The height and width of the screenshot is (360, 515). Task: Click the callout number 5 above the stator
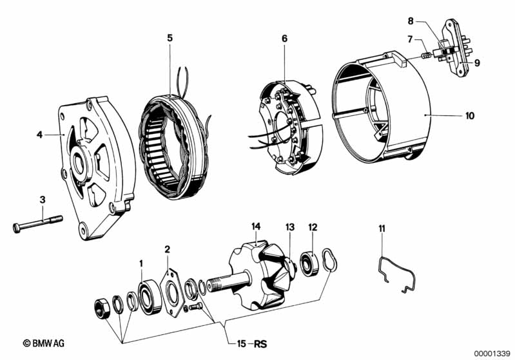click(x=170, y=38)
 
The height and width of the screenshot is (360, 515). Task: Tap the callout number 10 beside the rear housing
click(x=470, y=116)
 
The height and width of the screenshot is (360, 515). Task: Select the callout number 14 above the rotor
click(x=256, y=227)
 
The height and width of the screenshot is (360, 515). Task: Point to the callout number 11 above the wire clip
click(x=382, y=229)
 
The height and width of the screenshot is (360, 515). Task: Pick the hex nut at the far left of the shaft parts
click(x=102, y=308)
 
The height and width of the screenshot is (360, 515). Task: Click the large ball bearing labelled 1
click(x=150, y=297)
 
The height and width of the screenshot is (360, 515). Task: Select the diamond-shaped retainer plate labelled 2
click(x=173, y=292)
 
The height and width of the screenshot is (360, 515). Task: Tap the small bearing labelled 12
click(x=310, y=263)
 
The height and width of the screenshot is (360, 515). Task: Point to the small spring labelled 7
click(x=425, y=56)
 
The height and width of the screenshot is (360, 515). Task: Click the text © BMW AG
click(x=44, y=343)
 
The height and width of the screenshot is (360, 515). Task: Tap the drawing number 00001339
click(x=492, y=354)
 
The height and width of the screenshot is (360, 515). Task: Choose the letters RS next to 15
click(x=260, y=344)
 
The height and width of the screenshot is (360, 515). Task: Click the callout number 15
click(x=242, y=344)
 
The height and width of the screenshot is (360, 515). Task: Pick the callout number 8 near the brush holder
click(x=411, y=21)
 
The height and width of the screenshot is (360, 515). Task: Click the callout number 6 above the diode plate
click(x=284, y=39)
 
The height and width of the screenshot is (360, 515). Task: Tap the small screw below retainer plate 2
click(x=196, y=307)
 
